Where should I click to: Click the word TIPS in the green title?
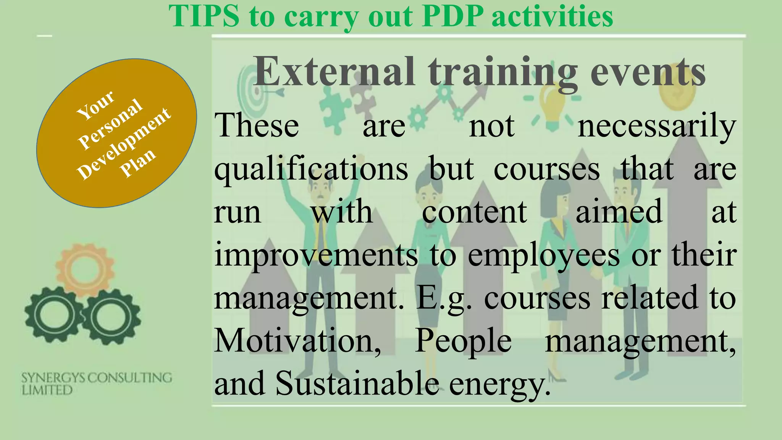point(204,16)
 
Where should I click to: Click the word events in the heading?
point(648,72)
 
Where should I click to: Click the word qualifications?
point(311,170)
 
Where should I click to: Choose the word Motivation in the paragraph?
point(297,341)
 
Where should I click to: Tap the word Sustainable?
point(357,383)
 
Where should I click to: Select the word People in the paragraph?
point(463,341)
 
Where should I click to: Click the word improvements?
point(316,255)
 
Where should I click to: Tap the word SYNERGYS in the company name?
point(53,378)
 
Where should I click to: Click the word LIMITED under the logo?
point(47,390)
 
